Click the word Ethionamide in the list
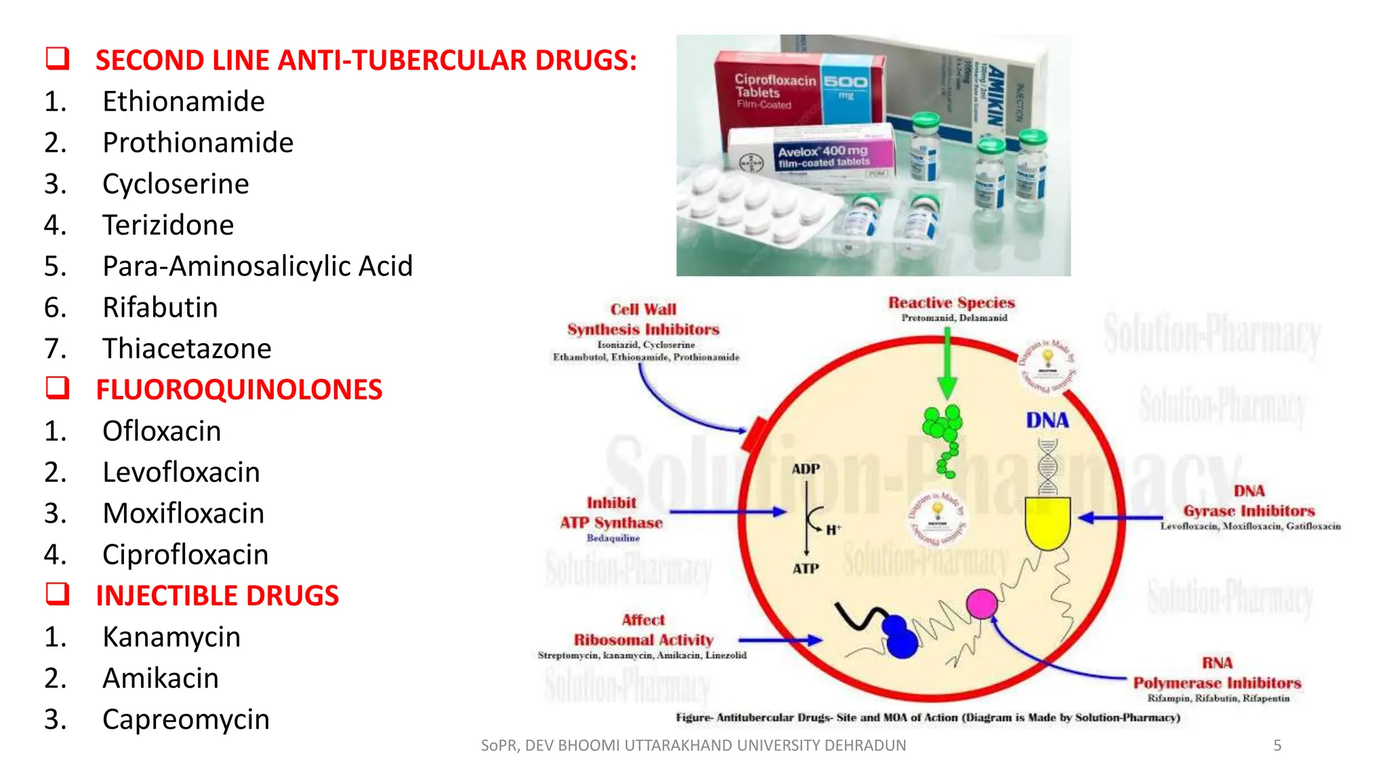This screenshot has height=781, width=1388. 183,102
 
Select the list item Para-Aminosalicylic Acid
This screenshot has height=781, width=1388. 257,266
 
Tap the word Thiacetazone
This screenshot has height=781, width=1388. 186,349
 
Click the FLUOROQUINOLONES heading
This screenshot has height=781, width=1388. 239,390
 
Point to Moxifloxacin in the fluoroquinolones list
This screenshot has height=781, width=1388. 183,514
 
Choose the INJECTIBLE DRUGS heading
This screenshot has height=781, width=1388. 217,596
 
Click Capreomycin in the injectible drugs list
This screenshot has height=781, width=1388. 186,720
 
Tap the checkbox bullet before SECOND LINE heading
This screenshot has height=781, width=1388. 58,59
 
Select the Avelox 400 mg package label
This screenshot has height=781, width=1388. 823,156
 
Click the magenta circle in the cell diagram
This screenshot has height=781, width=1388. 981,603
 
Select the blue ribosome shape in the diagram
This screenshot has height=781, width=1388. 899,637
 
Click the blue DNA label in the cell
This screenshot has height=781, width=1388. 1047,420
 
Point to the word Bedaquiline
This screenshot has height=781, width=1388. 613,538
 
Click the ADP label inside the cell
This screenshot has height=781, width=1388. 805,469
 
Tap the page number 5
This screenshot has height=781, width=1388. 1277,746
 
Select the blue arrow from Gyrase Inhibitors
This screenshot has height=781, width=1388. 1118,518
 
